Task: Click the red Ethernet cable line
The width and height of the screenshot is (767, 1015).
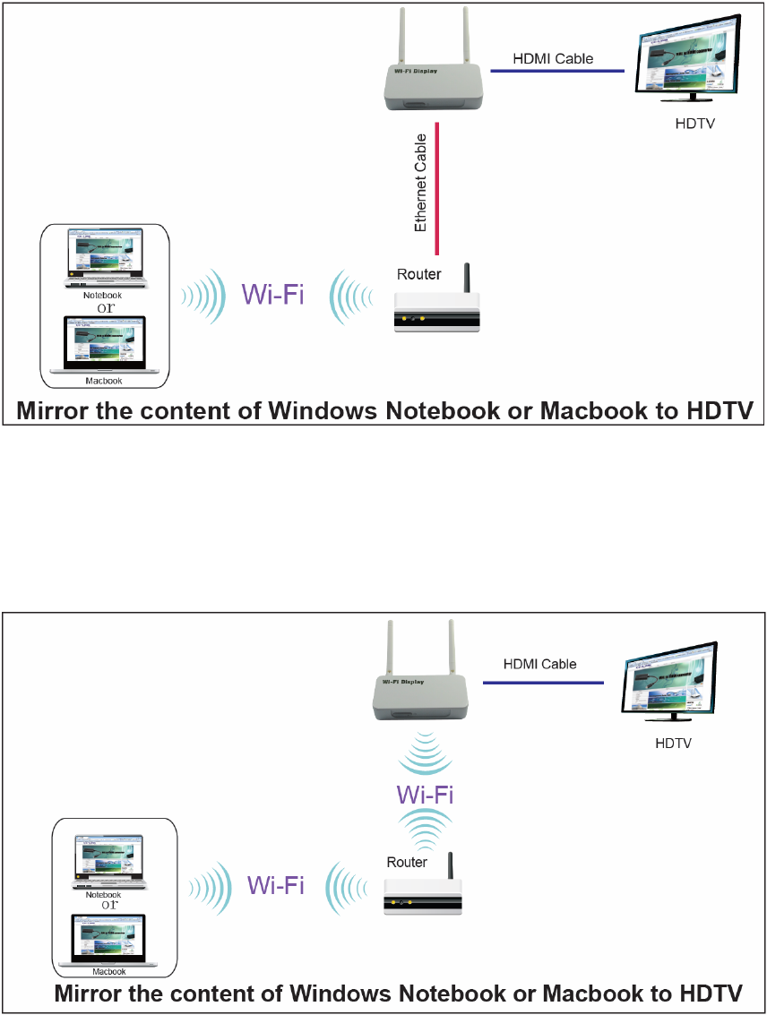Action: [x=436, y=188]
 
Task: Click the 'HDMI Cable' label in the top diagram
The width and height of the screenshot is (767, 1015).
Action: [x=553, y=59]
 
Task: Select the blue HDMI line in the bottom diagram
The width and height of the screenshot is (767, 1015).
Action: [x=544, y=683]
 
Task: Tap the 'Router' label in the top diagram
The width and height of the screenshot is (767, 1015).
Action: [x=418, y=274]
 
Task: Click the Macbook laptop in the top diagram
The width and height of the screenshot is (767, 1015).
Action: [x=104, y=345]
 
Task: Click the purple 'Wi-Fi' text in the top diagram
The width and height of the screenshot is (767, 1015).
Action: [x=273, y=294]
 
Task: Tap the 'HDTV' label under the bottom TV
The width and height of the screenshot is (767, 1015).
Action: [x=673, y=744]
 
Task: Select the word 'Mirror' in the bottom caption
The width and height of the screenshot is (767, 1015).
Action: [x=91, y=993]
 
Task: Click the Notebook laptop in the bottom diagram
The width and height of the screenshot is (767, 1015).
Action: [x=109, y=858]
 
